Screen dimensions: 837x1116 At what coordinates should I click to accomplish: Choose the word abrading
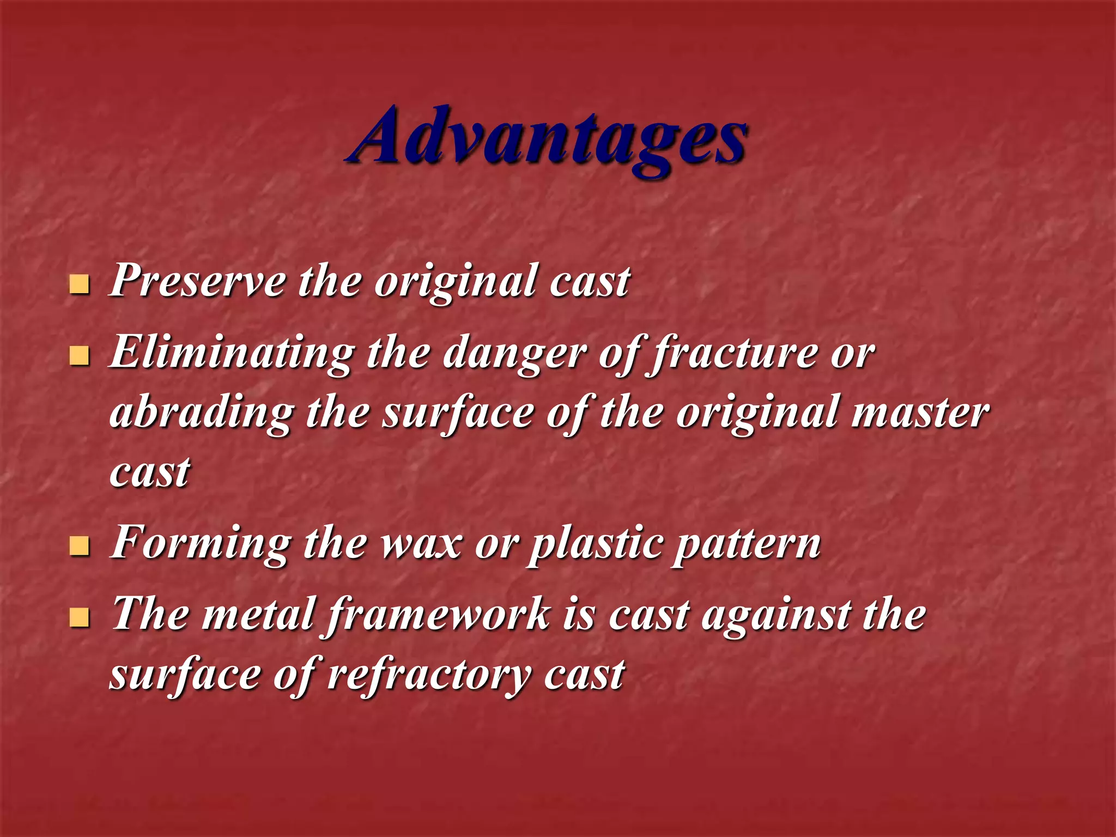202,413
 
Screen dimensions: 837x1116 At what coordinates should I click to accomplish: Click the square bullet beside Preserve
80,284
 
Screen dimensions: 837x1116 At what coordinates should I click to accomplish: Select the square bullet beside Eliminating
80,356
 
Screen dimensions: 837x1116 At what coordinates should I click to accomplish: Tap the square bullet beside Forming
80,547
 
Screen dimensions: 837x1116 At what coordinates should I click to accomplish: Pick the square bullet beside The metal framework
80,618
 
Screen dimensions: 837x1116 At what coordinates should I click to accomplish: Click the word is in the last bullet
578,615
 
